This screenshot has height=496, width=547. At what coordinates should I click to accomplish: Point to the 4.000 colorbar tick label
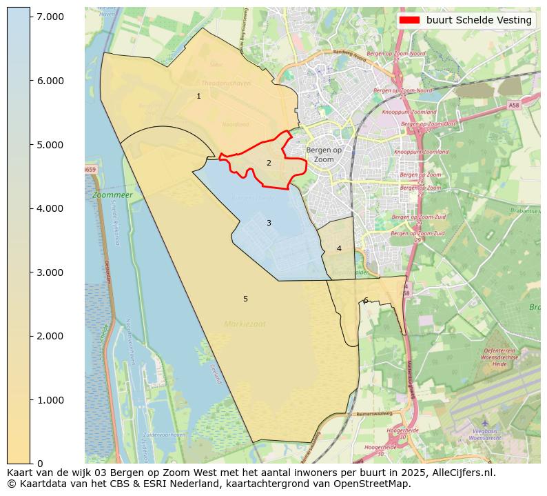point(50,208)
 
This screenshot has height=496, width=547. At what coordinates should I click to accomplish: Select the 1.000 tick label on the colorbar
point(50,400)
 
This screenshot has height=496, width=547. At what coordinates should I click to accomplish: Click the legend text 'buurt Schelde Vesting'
point(479,20)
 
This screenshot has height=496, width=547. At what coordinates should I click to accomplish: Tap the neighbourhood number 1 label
point(198,96)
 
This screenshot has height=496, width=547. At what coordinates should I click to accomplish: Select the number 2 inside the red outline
point(269,163)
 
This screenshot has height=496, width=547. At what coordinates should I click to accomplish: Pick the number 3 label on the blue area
point(269,223)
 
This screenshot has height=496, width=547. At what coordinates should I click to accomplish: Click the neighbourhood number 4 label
point(339,248)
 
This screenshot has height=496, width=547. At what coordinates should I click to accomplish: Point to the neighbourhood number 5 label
point(245,299)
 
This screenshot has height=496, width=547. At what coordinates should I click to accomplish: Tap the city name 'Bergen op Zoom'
point(324,155)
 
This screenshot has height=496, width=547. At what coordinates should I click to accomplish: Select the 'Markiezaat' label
point(244,324)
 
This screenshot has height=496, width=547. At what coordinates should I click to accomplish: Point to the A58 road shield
point(514,106)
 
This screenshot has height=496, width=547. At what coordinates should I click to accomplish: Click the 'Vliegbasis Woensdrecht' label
point(484,435)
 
